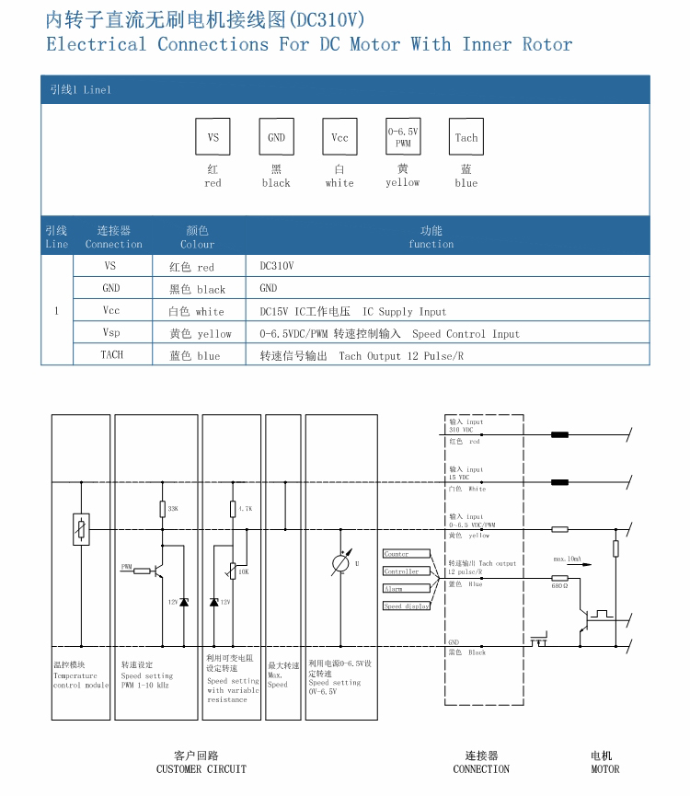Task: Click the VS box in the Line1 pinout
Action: (213, 137)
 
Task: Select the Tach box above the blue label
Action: (466, 137)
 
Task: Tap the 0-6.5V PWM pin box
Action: (403, 137)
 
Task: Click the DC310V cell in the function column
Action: (277, 266)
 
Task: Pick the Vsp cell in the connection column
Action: (111, 333)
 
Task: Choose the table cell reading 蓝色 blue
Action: (194, 356)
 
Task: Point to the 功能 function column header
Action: (431, 236)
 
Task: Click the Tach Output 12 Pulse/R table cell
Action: (362, 356)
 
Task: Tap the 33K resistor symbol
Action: (162, 509)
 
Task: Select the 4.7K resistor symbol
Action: (232, 509)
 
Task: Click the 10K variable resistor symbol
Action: (232, 571)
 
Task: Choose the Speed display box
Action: (406, 606)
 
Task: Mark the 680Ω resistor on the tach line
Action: (559, 577)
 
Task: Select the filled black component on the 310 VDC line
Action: (558, 434)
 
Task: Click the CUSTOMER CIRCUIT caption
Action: (201, 769)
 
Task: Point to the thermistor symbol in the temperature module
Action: (81, 528)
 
